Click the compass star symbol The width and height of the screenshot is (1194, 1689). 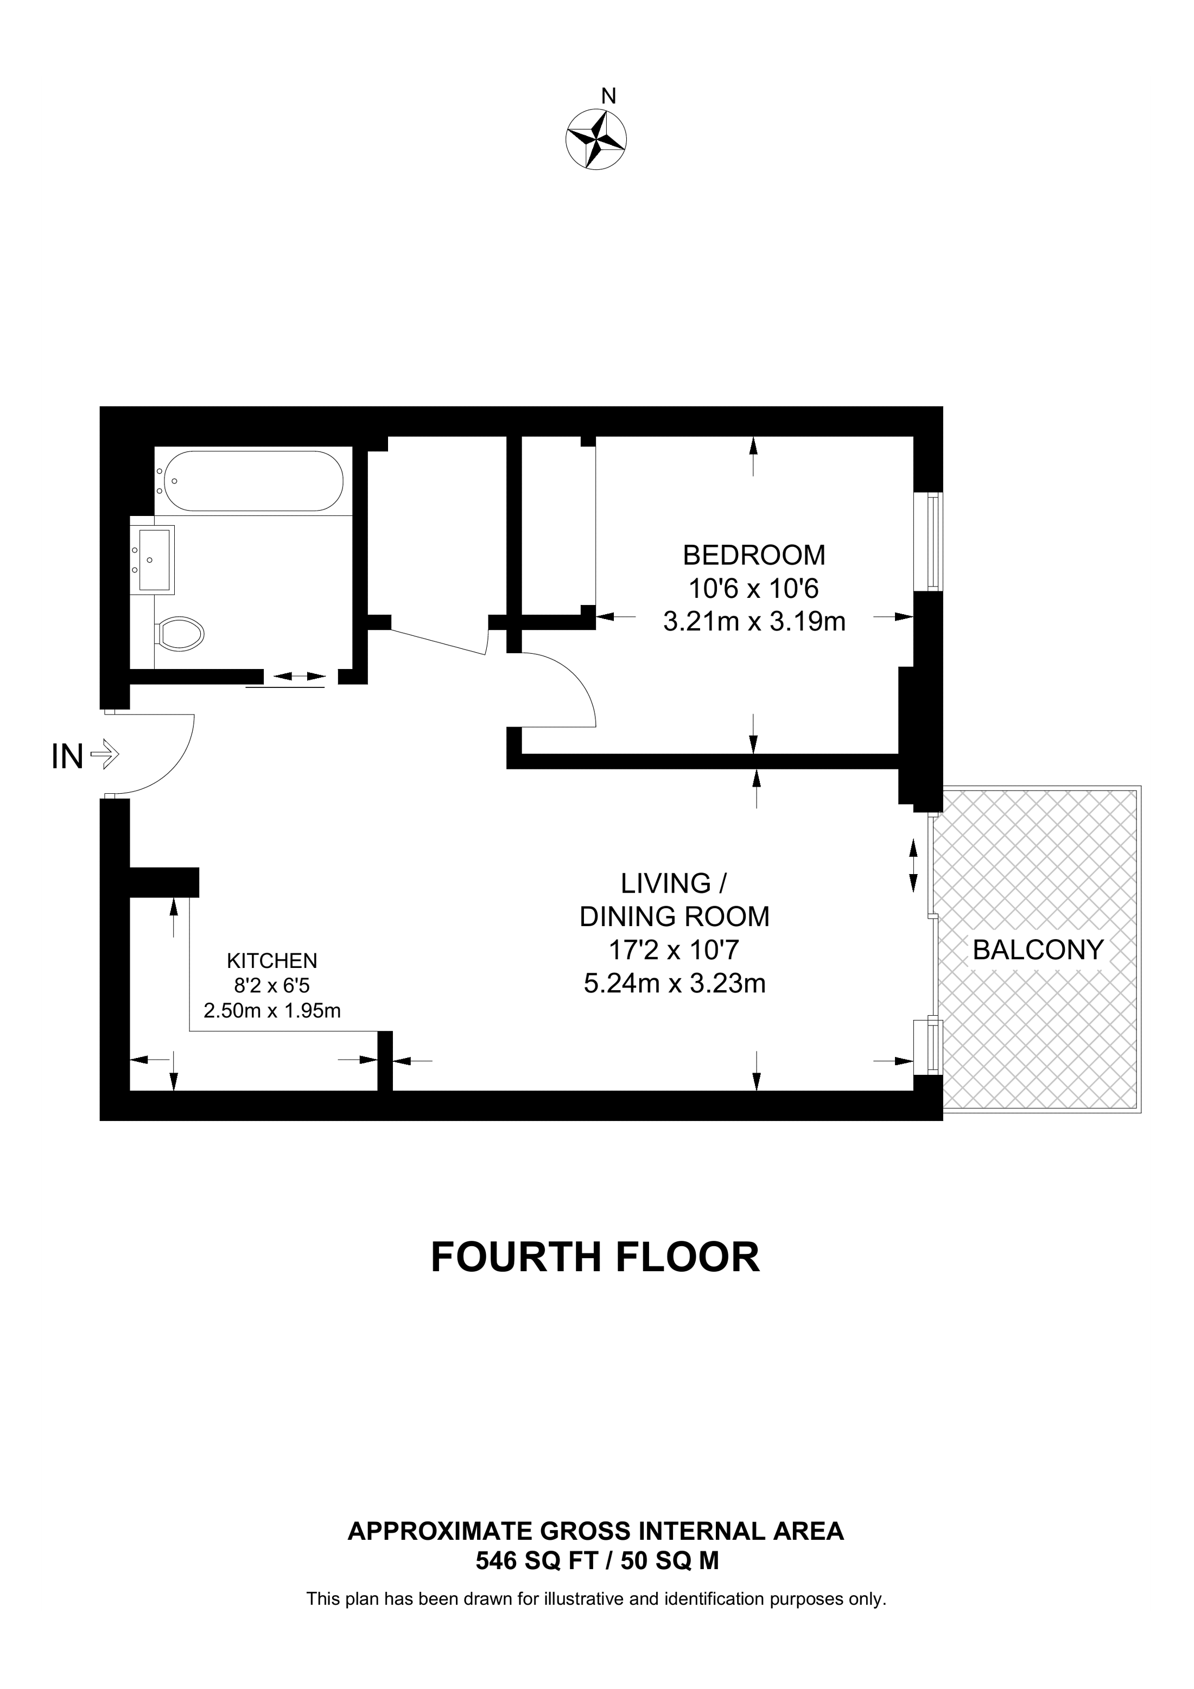tap(596, 139)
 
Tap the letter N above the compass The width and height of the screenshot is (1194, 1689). tap(608, 95)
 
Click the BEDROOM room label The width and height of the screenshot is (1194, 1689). tap(754, 554)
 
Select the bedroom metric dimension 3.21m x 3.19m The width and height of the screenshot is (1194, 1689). tap(754, 622)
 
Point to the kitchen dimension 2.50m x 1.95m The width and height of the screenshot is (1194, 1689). tap(272, 1010)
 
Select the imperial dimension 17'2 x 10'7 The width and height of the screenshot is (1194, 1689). tap(675, 949)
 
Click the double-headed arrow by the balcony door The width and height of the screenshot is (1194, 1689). tap(914, 866)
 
